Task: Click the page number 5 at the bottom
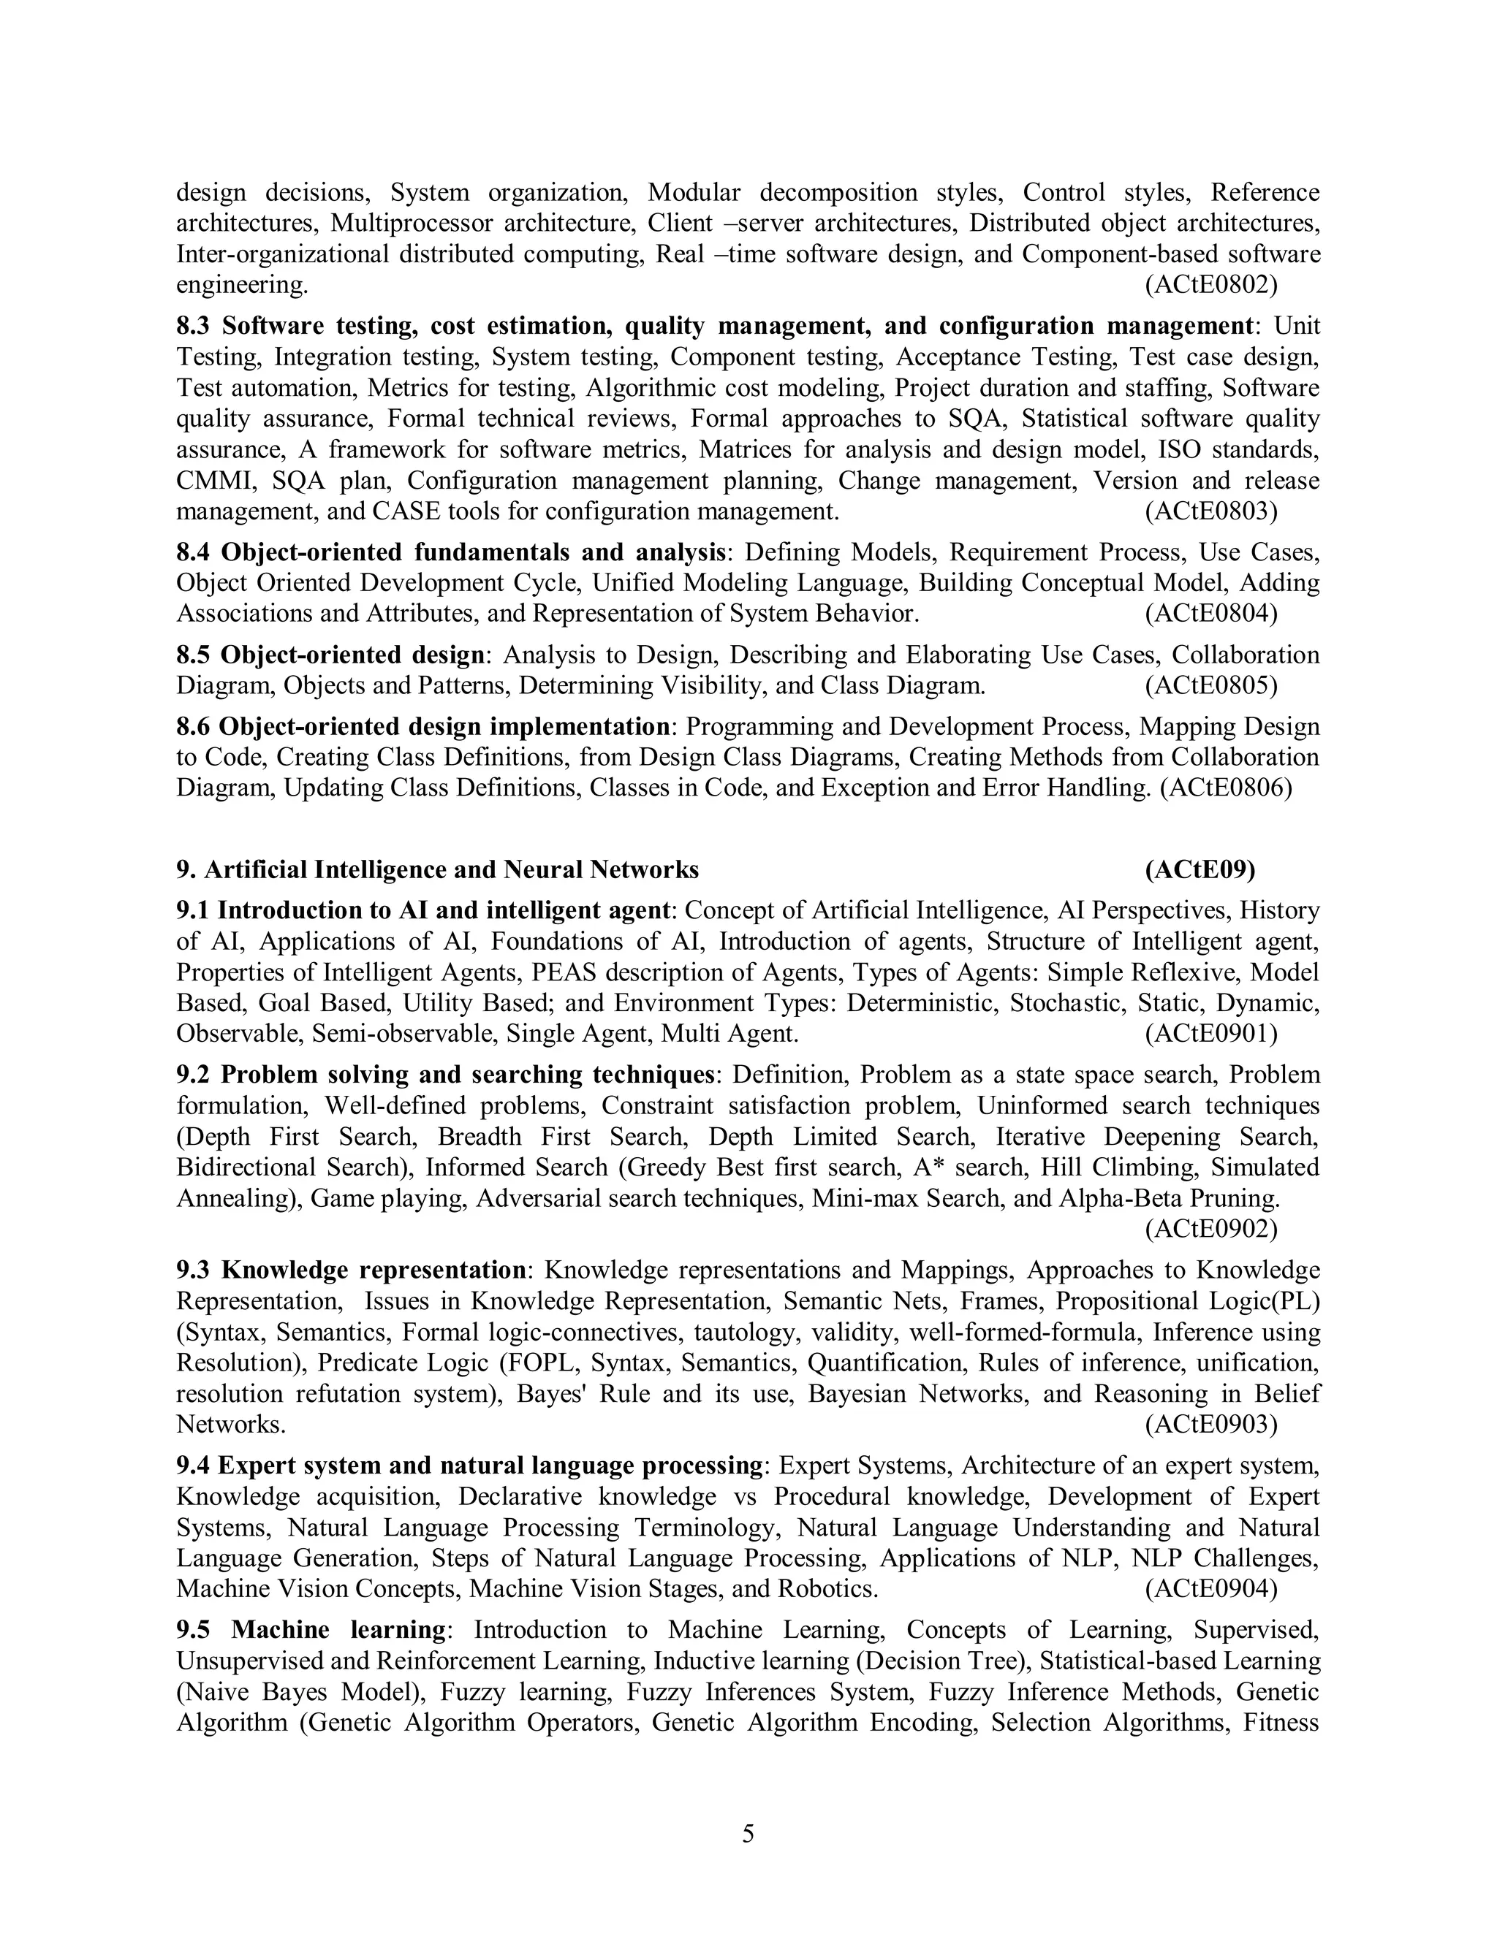(748, 1833)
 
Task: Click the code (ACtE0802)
(1210, 286)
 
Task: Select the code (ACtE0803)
(1210, 511)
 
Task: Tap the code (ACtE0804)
(1210, 614)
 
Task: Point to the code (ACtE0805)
(1210, 685)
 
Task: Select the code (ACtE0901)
(1210, 1034)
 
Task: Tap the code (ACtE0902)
(1210, 1229)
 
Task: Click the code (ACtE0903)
(1210, 1425)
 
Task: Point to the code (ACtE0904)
(1210, 1588)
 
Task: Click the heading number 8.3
(195, 327)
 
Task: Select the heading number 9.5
(195, 1629)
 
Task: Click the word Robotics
(827, 1588)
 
